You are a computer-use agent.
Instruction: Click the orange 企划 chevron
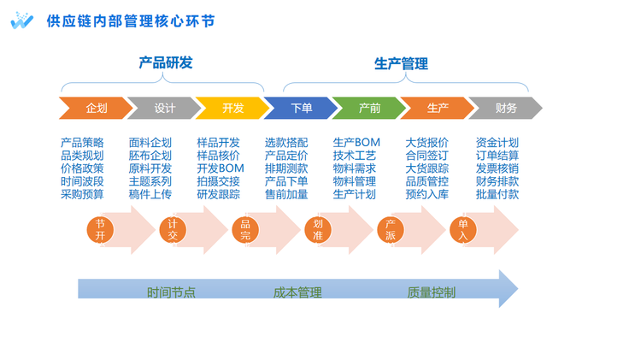[x=95, y=108]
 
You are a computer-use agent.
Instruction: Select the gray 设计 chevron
[x=163, y=108]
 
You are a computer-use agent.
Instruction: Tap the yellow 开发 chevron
[x=232, y=108]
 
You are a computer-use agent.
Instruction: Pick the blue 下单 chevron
[x=300, y=108]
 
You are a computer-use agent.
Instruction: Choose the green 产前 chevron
[x=368, y=108]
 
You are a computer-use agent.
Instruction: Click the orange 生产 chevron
[x=437, y=108]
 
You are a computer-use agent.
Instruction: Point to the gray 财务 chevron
[x=505, y=108]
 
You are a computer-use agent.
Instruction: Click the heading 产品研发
[x=166, y=62]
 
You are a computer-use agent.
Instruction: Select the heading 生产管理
[x=401, y=62]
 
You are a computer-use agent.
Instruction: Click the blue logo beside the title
[x=21, y=21]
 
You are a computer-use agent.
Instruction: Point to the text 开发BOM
[x=221, y=168]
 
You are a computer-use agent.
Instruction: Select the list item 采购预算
[x=82, y=194]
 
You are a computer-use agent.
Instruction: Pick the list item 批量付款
[x=497, y=194]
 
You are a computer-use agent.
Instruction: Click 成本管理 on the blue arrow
[x=297, y=292]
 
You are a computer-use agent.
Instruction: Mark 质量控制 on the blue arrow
[x=431, y=292]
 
